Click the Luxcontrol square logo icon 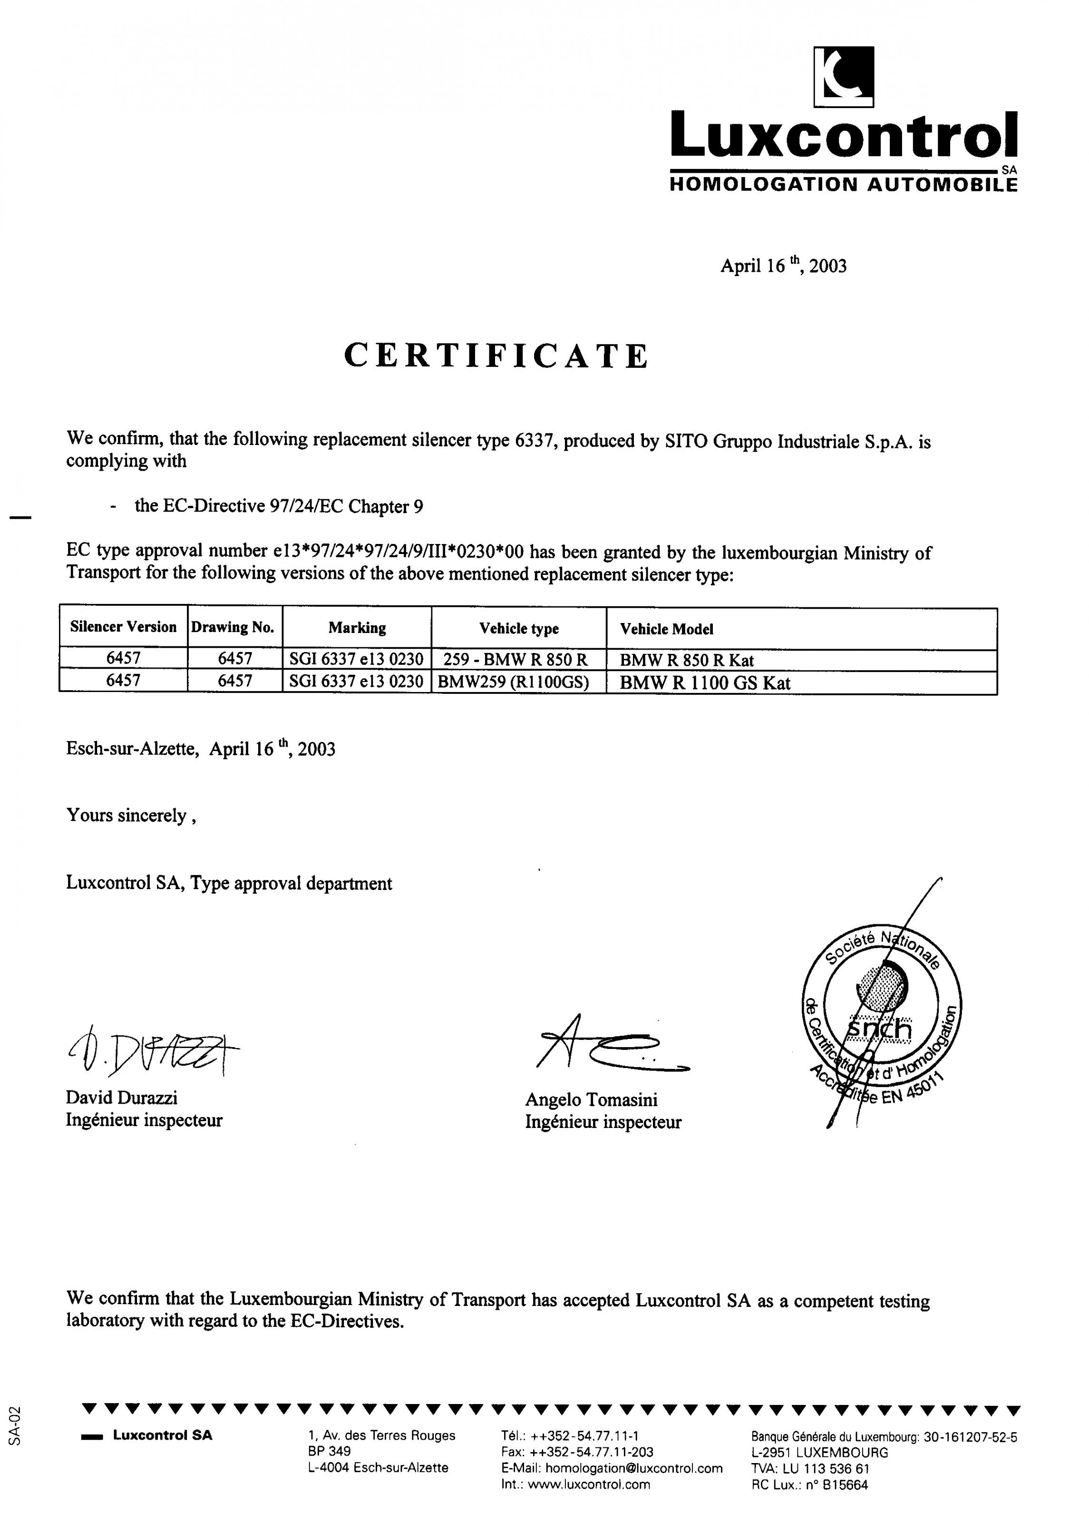[844, 77]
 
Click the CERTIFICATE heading [496, 356]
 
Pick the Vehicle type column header [518, 629]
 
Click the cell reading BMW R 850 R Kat [687, 660]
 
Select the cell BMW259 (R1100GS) [513, 682]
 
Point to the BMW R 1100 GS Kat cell [705, 683]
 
